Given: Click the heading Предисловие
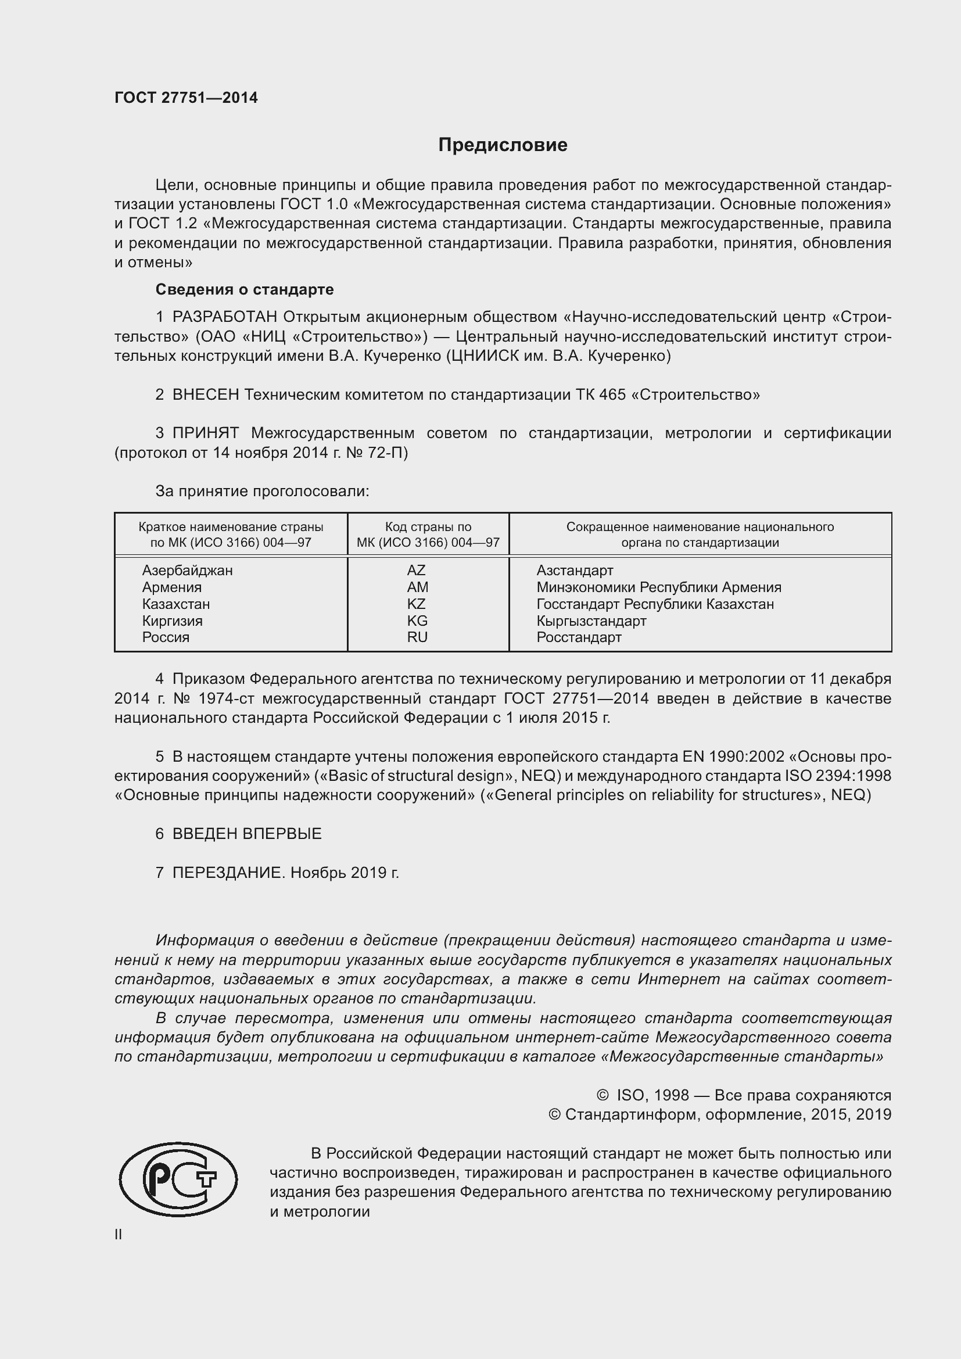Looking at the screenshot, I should point(503,145).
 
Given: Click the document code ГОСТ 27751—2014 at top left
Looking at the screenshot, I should point(186,98).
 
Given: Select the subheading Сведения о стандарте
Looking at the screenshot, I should point(245,289).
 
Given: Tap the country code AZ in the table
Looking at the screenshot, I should point(416,571).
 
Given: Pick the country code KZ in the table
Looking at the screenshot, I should point(416,604).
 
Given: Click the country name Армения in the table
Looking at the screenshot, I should point(171,587).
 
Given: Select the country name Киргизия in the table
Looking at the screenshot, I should point(172,621).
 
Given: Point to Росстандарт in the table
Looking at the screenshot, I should point(579,637).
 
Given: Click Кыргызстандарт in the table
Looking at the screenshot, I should point(591,621).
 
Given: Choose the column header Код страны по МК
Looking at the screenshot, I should point(428,535).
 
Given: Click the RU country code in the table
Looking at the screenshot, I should point(417,637).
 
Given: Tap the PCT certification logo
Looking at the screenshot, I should point(178,1179).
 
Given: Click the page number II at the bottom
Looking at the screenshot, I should point(119,1235).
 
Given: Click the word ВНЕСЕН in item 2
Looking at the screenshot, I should point(205,395).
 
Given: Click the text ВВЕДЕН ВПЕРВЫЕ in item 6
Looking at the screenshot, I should point(247,834).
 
